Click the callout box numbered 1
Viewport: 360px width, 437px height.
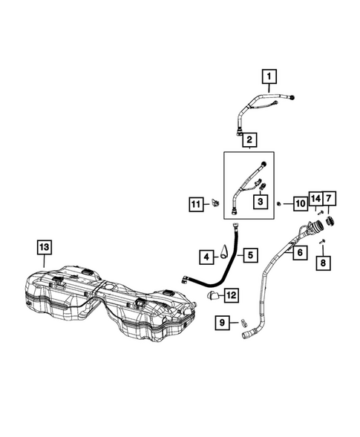point(269,76)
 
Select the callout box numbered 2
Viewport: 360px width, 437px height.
point(249,139)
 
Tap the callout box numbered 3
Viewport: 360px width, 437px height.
point(261,201)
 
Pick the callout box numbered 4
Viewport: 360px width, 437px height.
point(206,257)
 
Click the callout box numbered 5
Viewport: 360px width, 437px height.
point(250,255)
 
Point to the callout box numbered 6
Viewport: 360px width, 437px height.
point(300,252)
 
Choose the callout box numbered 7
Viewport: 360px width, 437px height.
point(329,198)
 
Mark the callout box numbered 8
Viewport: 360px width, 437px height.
point(324,263)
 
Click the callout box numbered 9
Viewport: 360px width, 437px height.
point(222,323)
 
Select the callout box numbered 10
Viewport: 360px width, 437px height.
point(301,204)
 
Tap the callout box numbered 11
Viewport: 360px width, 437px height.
point(196,204)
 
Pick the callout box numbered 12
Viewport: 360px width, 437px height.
point(232,295)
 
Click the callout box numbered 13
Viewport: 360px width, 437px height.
point(45,247)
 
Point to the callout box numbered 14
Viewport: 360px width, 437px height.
point(315,198)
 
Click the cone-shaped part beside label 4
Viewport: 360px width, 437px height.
point(224,252)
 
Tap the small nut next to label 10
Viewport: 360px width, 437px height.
point(278,204)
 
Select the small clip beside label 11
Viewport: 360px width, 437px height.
point(215,203)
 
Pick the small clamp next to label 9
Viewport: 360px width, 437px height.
point(243,323)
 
